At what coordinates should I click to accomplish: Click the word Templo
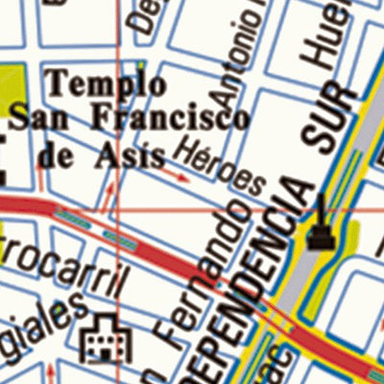(94, 86)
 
